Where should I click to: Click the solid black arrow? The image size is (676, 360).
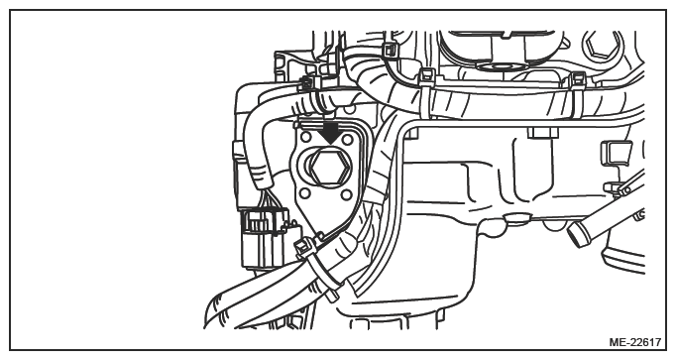(x=330, y=131)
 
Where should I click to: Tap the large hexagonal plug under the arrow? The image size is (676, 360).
(x=329, y=170)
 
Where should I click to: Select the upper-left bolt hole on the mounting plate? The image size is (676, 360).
(x=305, y=138)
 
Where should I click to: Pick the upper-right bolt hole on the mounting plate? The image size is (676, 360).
(x=347, y=140)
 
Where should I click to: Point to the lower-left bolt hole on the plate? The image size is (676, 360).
(x=305, y=192)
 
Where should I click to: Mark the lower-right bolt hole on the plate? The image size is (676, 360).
(x=347, y=195)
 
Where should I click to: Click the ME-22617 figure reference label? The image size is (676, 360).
(x=634, y=342)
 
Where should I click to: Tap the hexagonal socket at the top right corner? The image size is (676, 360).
(x=603, y=44)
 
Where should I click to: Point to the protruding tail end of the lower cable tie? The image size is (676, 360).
(x=332, y=296)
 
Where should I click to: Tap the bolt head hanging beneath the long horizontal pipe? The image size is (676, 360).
(x=543, y=132)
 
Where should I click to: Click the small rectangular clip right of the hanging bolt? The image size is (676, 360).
(x=612, y=152)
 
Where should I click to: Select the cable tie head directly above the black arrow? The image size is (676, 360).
(x=308, y=82)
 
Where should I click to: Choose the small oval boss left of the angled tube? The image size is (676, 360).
(x=516, y=218)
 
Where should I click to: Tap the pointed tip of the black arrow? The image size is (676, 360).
(x=330, y=145)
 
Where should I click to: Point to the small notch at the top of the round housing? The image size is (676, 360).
(x=515, y=33)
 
